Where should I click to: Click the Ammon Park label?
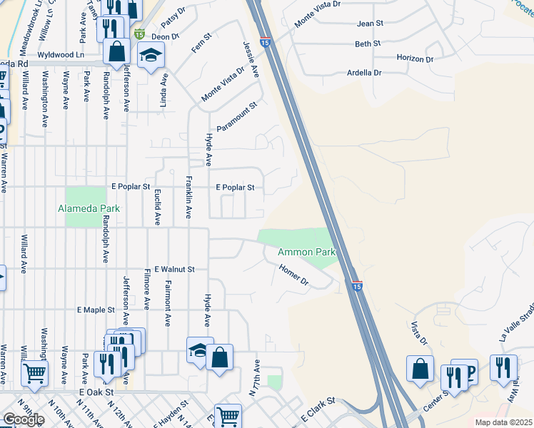pyautogui.click(x=306, y=252)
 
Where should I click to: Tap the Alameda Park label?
pyautogui.click(x=89, y=208)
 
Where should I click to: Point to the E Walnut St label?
pyautogui.click(x=174, y=269)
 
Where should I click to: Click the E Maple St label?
pyautogui.click(x=96, y=310)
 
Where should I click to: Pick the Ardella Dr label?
pyautogui.click(x=364, y=73)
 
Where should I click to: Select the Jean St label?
pyautogui.click(x=370, y=24)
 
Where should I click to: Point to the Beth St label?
pyautogui.click(x=368, y=44)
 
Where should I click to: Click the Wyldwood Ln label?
pyautogui.click(x=61, y=54)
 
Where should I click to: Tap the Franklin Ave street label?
pyautogui.click(x=189, y=197)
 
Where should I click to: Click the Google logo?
pyautogui.click(x=24, y=419)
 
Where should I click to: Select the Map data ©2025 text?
pyautogui.click(x=503, y=422)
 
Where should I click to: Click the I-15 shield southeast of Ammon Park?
pyautogui.click(x=357, y=285)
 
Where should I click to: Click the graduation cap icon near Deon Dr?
pyautogui.click(x=151, y=56)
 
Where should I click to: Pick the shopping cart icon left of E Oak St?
pyautogui.click(x=34, y=372)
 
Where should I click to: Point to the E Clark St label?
pyautogui.click(x=318, y=407)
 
